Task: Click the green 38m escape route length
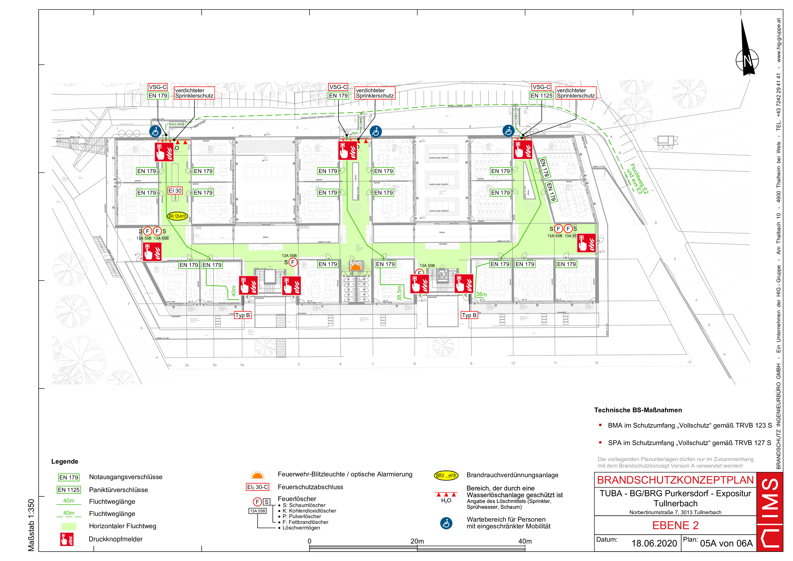(481, 295)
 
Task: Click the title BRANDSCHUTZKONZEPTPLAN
(675, 480)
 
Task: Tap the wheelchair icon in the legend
(446, 523)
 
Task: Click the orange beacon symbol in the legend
(257, 475)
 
